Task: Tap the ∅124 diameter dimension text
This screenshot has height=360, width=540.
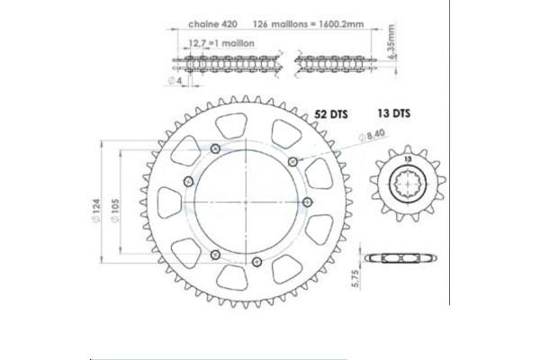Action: (96, 211)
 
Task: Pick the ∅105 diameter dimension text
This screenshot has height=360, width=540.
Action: (114, 211)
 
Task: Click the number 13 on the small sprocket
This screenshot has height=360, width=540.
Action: (409, 158)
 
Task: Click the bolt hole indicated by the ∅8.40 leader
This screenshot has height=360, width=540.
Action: (293, 159)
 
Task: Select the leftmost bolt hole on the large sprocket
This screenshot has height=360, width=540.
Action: (186, 182)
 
